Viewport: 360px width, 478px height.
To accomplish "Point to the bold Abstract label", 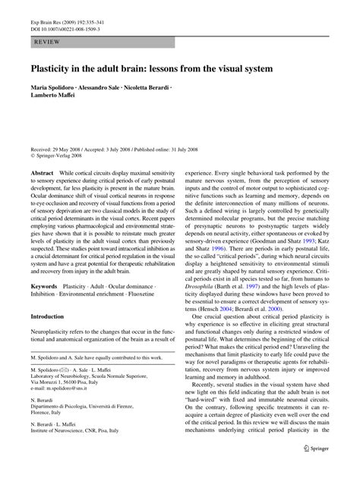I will [x=42, y=173].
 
